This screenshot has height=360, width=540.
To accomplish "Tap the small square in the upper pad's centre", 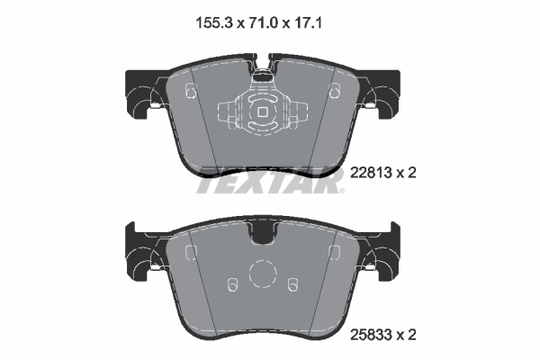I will [x=262, y=112].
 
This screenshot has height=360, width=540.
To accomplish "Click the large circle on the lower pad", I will [x=263, y=274].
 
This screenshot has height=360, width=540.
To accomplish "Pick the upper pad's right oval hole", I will [x=334, y=91].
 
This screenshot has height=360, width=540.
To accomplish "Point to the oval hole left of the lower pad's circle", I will [x=233, y=285].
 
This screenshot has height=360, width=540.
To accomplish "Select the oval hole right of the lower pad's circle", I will [x=292, y=285].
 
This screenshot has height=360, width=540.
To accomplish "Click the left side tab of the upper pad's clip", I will [x=227, y=113].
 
